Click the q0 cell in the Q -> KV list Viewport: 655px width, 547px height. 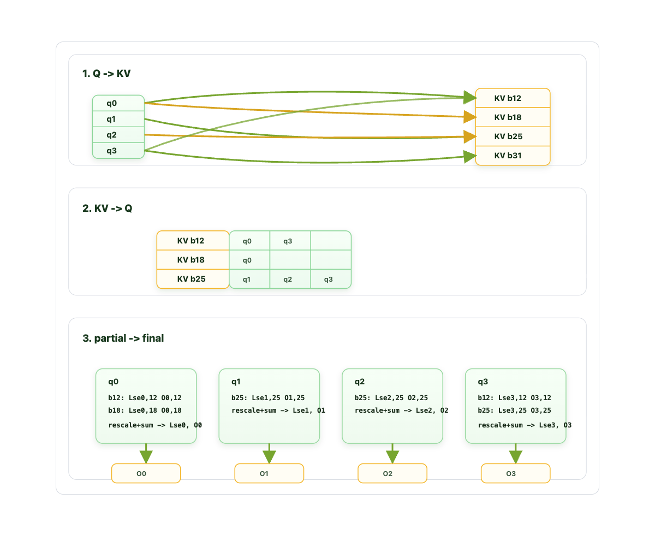tap(118, 103)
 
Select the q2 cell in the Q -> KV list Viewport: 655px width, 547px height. tap(118, 135)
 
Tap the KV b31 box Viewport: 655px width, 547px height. tap(513, 156)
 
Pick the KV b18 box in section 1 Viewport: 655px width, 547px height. tap(513, 117)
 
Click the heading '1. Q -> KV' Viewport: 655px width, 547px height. tap(106, 74)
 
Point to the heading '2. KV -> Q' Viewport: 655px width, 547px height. tap(108, 208)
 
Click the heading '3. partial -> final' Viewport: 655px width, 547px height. tap(123, 338)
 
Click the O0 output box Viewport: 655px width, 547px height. tap(146, 473)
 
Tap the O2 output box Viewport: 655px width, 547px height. tap(392, 473)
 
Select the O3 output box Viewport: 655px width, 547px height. tap(515, 473)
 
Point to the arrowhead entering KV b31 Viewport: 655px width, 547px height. tap(470, 156)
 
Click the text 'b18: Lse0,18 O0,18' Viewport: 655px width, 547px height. tap(145, 410)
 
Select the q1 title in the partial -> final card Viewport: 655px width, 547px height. tap(236, 382)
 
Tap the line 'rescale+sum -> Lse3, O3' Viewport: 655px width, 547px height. tap(525, 425)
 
